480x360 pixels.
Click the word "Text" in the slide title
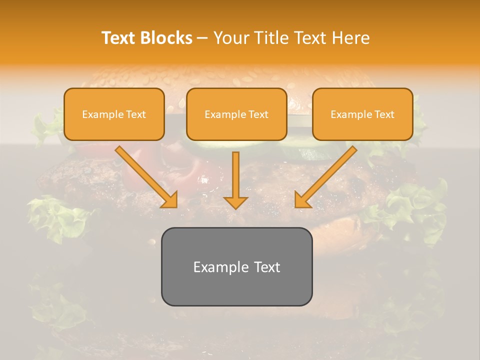(x=118, y=38)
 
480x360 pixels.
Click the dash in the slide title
(x=202, y=38)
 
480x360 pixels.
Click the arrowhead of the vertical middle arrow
(x=235, y=202)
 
